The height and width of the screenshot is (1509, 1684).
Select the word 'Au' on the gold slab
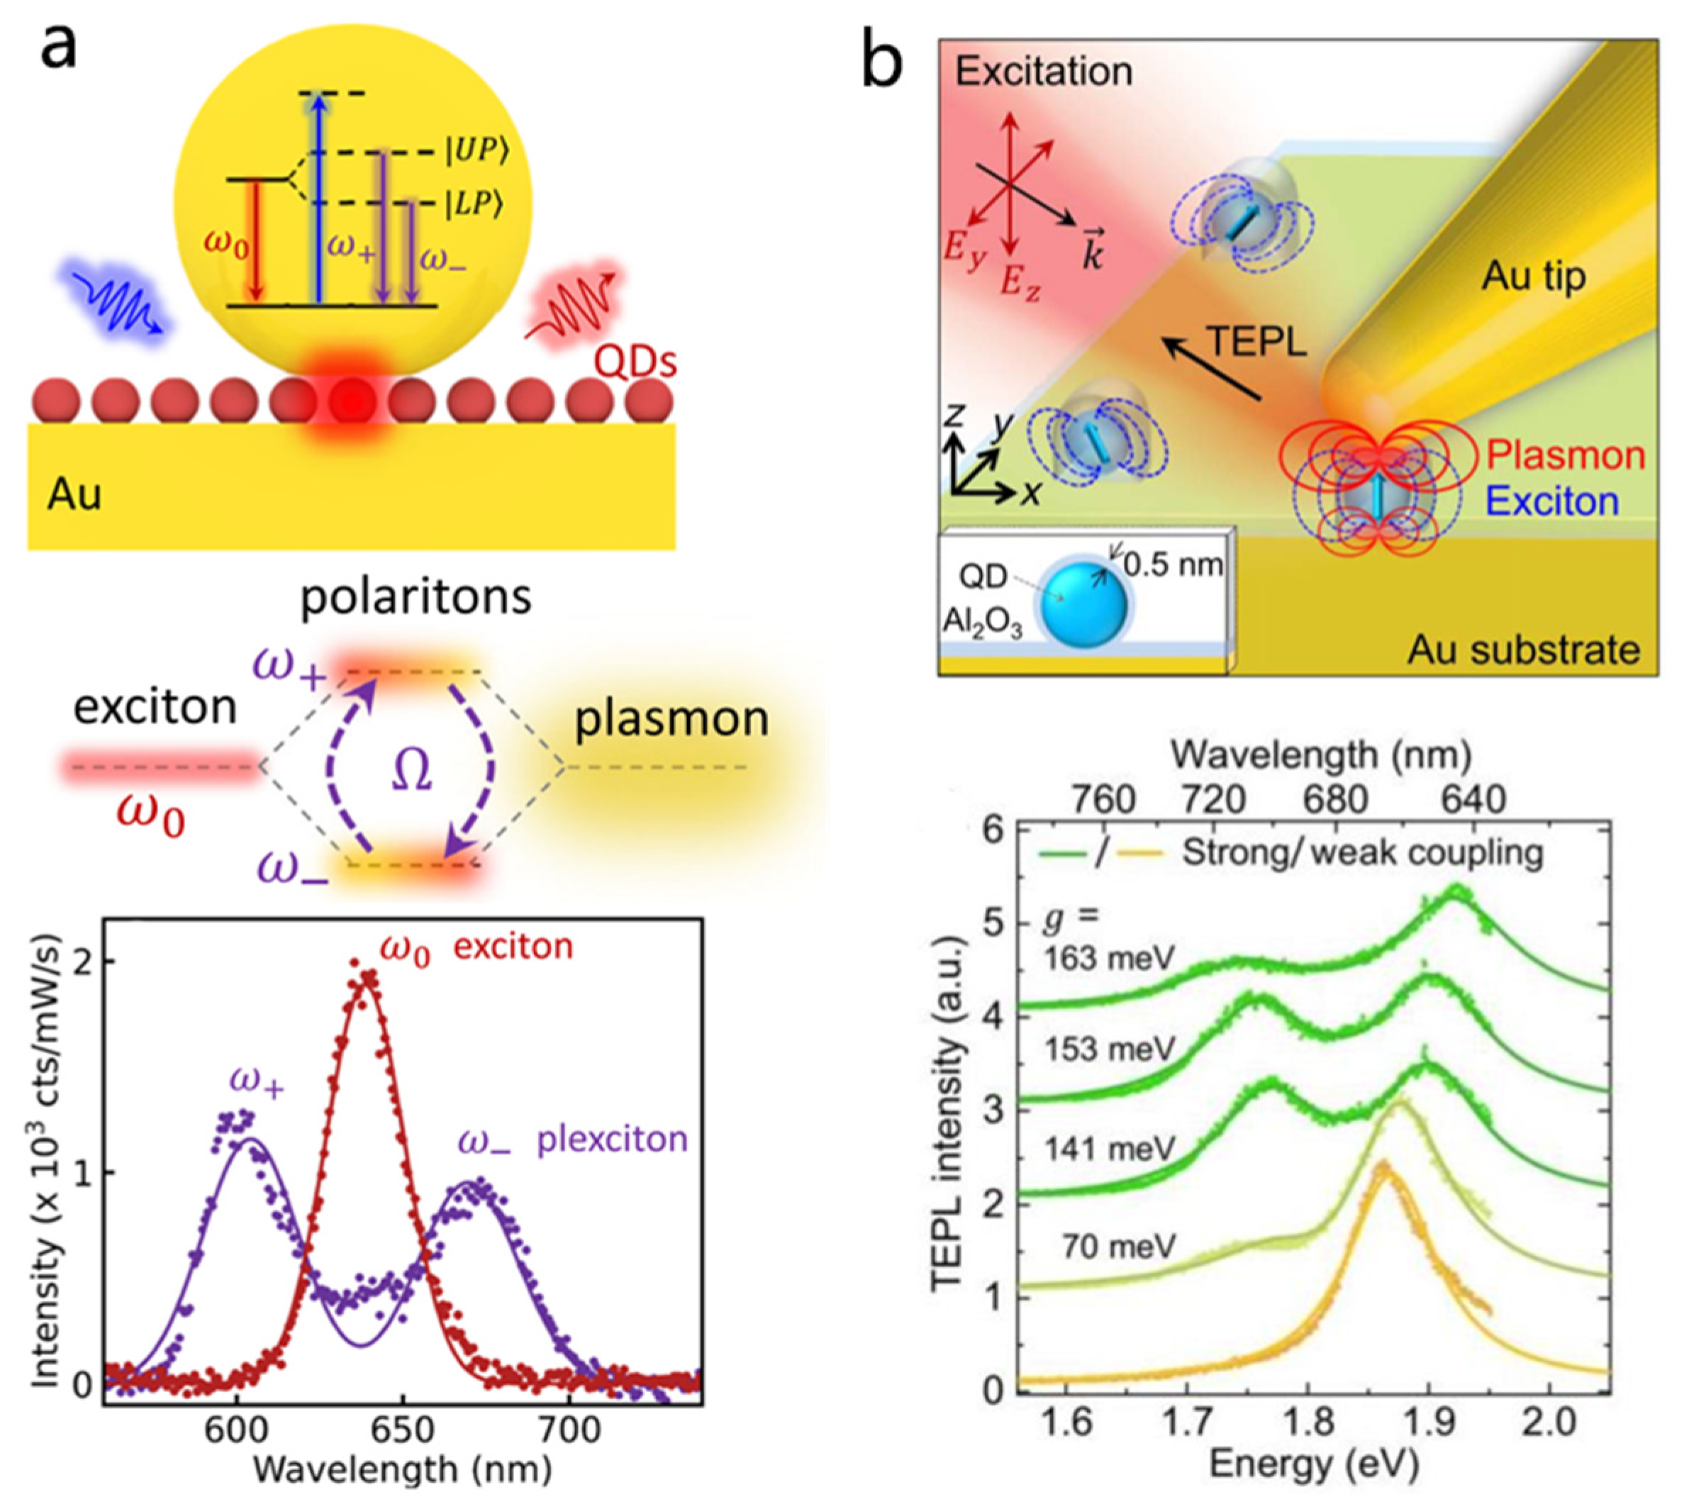74,495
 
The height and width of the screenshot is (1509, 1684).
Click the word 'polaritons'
416,596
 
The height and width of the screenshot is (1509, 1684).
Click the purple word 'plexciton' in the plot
612,1140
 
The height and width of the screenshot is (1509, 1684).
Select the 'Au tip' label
1534,275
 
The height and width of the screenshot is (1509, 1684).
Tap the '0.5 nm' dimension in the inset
1173,564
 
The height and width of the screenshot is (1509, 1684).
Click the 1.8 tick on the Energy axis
1306,1422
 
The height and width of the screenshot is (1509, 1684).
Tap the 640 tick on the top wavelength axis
1473,800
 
